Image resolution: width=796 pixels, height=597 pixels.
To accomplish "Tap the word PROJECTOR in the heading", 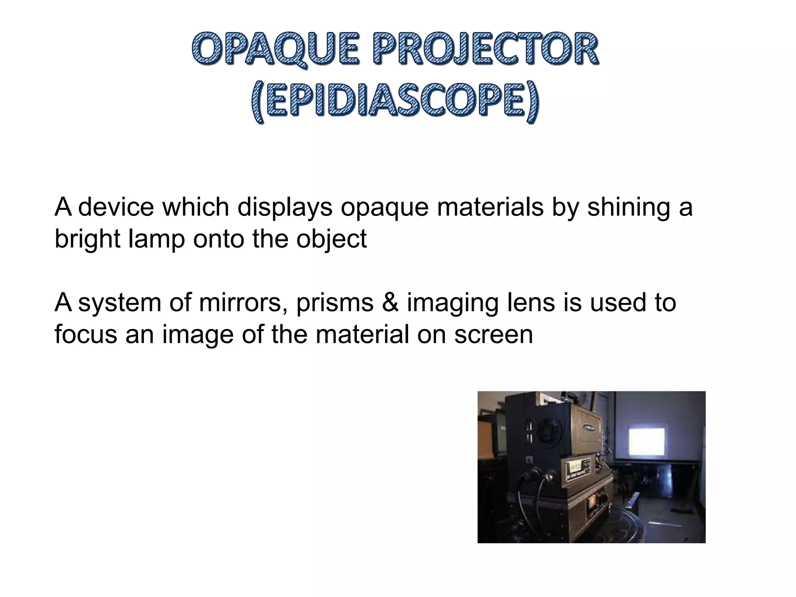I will point(484,49).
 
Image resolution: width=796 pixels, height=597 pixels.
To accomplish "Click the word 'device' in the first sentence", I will point(116,207).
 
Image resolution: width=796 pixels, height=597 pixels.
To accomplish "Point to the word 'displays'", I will point(285,207).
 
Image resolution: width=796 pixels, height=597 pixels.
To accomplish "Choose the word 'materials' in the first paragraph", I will point(490,207).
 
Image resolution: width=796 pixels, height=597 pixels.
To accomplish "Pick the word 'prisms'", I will point(335,303).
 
